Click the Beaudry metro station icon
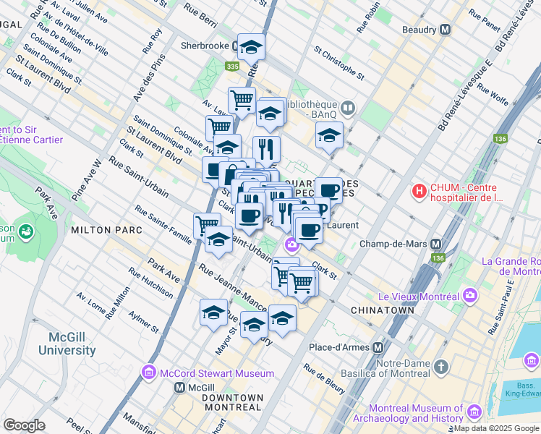[x=445, y=30]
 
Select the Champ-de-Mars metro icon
[x=436, y=244]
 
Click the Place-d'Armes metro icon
[x=377, y=347]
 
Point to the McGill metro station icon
[x=180, y=388]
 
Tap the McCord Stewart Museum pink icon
[x=150, y=373]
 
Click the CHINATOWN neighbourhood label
[x=382, y=310]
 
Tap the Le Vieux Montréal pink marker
[x=471, y=295]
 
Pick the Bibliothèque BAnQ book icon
[x=348, y=109]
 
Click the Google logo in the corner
[x=25, y=425]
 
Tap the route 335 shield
[x=232, y=67]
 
